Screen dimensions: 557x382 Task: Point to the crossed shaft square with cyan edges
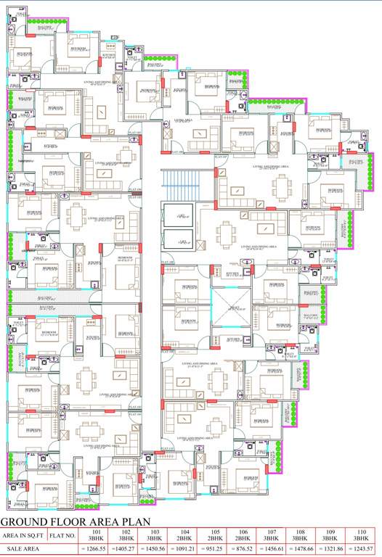[231, 310]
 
